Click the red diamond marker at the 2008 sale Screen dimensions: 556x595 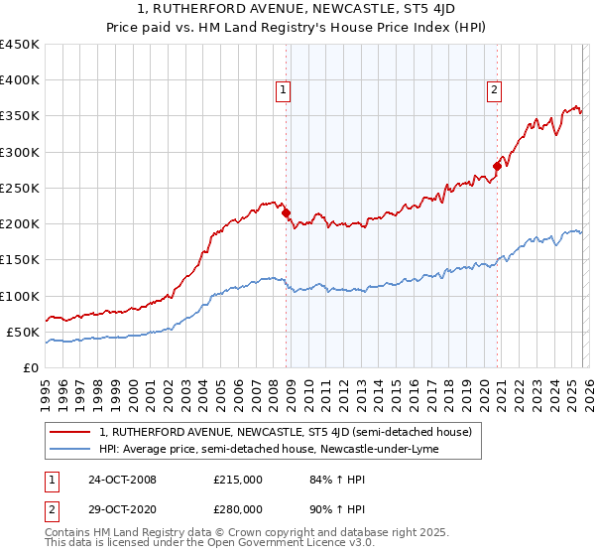287,212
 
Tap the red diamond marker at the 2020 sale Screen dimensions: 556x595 498,166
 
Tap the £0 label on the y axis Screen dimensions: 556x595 30,367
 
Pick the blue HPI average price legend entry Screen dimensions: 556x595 272,449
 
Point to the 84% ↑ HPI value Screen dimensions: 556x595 325,480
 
